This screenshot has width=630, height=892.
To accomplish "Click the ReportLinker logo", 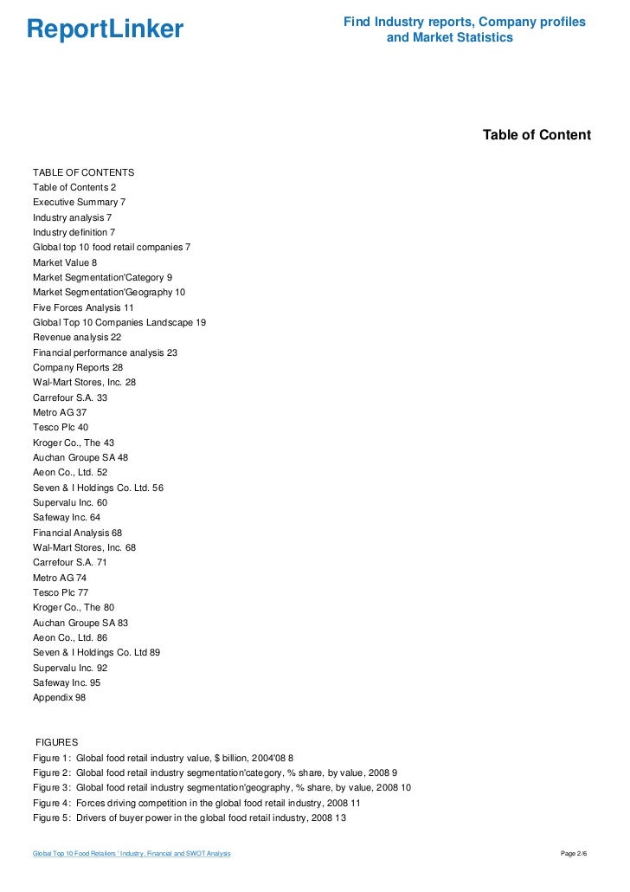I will [105, 30].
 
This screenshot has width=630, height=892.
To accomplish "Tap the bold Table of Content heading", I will [537, 135].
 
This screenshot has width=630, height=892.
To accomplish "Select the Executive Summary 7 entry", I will [79, 203].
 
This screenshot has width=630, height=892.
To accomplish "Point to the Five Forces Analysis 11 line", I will [83, 307].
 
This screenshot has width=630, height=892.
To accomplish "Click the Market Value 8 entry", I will [65, 262].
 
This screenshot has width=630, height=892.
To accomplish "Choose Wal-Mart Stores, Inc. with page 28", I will [84, 382].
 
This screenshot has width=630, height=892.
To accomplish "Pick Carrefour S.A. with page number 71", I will [70, 562].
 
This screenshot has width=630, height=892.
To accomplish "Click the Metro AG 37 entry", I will [60, 412].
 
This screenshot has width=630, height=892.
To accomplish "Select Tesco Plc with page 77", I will [61, 592].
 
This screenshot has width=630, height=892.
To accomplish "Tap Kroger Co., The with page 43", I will [74, 443].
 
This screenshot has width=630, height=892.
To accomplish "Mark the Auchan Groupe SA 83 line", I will [80, 623].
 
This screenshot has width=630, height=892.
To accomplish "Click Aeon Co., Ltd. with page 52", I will [70, 472].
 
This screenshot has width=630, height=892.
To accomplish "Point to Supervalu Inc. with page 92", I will [70, 668].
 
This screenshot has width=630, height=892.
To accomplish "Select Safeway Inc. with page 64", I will [67, 517].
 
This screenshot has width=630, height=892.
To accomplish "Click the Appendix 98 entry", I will [59, 697].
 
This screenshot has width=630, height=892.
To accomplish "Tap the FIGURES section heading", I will [56, 742].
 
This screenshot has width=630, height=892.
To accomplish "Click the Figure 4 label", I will [51, 803].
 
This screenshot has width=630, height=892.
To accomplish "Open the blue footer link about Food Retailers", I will [132, 854].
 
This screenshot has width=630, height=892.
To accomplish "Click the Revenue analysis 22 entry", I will [77, 338].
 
